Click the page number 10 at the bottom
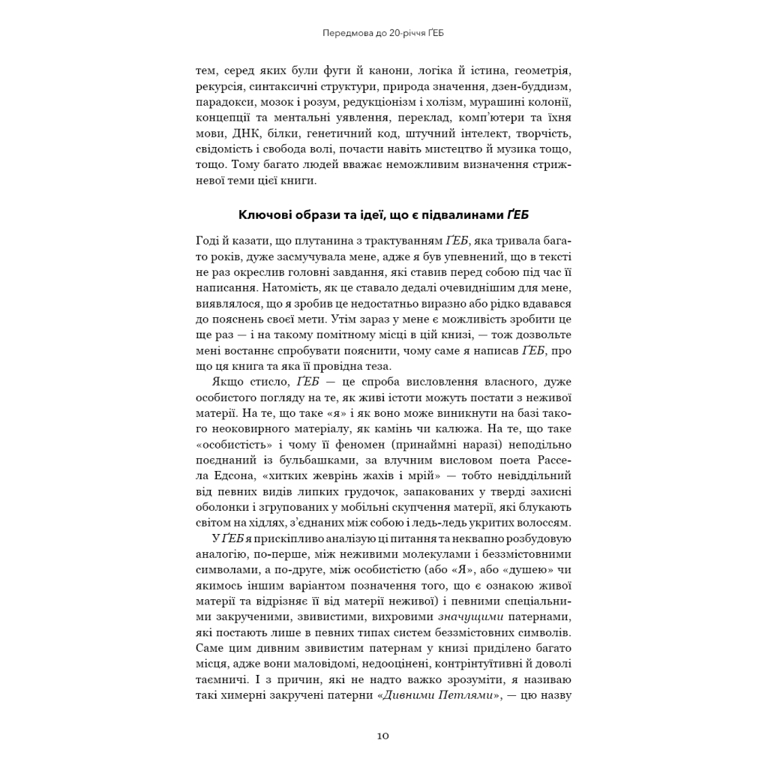click(x=383, y=735)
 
